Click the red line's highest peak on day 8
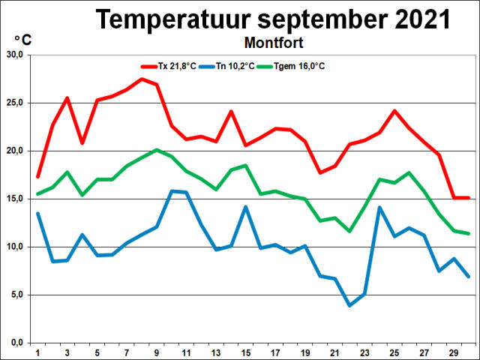[x=142, y=79]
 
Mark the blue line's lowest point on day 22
[x=349, y=305]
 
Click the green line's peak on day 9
[x=156, y=150]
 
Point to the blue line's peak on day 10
[x=172, y=191]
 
